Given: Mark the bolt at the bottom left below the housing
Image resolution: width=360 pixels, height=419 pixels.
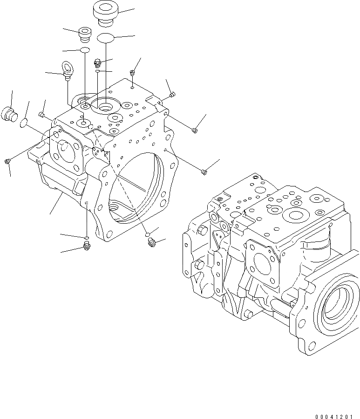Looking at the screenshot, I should [x=86, y=245].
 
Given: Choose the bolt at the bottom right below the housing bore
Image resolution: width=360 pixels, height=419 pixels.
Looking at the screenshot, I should [x=151, y=242].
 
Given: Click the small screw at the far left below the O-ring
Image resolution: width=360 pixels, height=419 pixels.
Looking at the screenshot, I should [x=7, y=161].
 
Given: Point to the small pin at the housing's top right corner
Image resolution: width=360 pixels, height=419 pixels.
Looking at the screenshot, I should [x=172, y=95].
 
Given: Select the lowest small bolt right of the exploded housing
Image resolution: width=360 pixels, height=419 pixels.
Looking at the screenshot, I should [x=204, y=173].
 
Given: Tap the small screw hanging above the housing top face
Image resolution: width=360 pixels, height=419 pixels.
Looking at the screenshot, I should [x=132, y=73].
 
